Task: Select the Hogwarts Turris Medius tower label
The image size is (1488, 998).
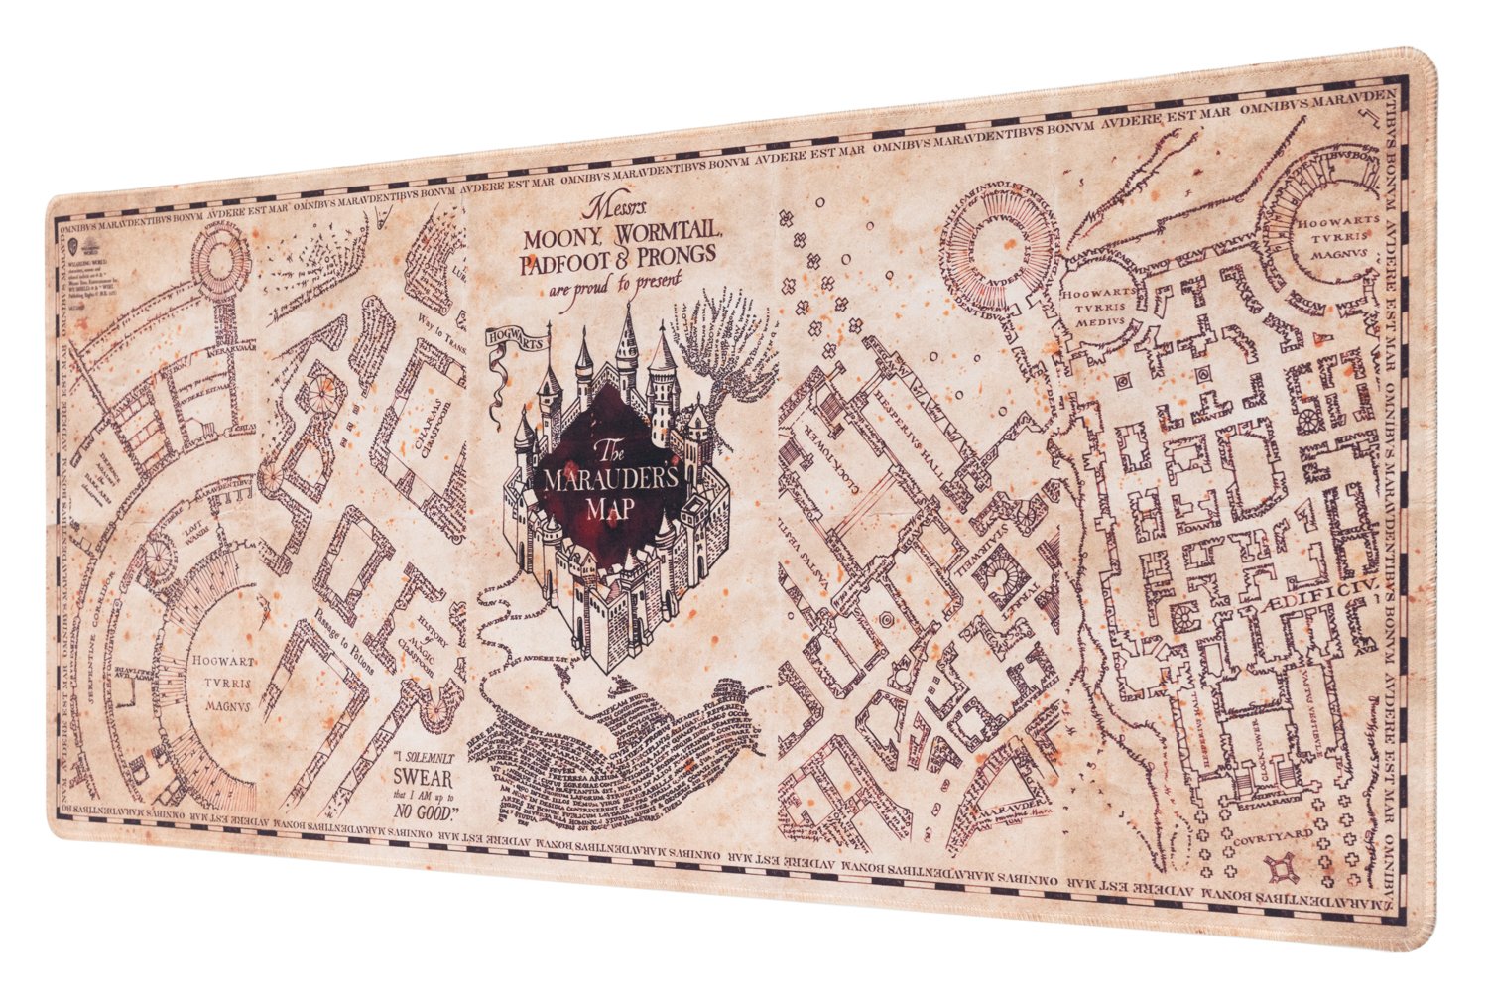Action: coord(1094,307)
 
